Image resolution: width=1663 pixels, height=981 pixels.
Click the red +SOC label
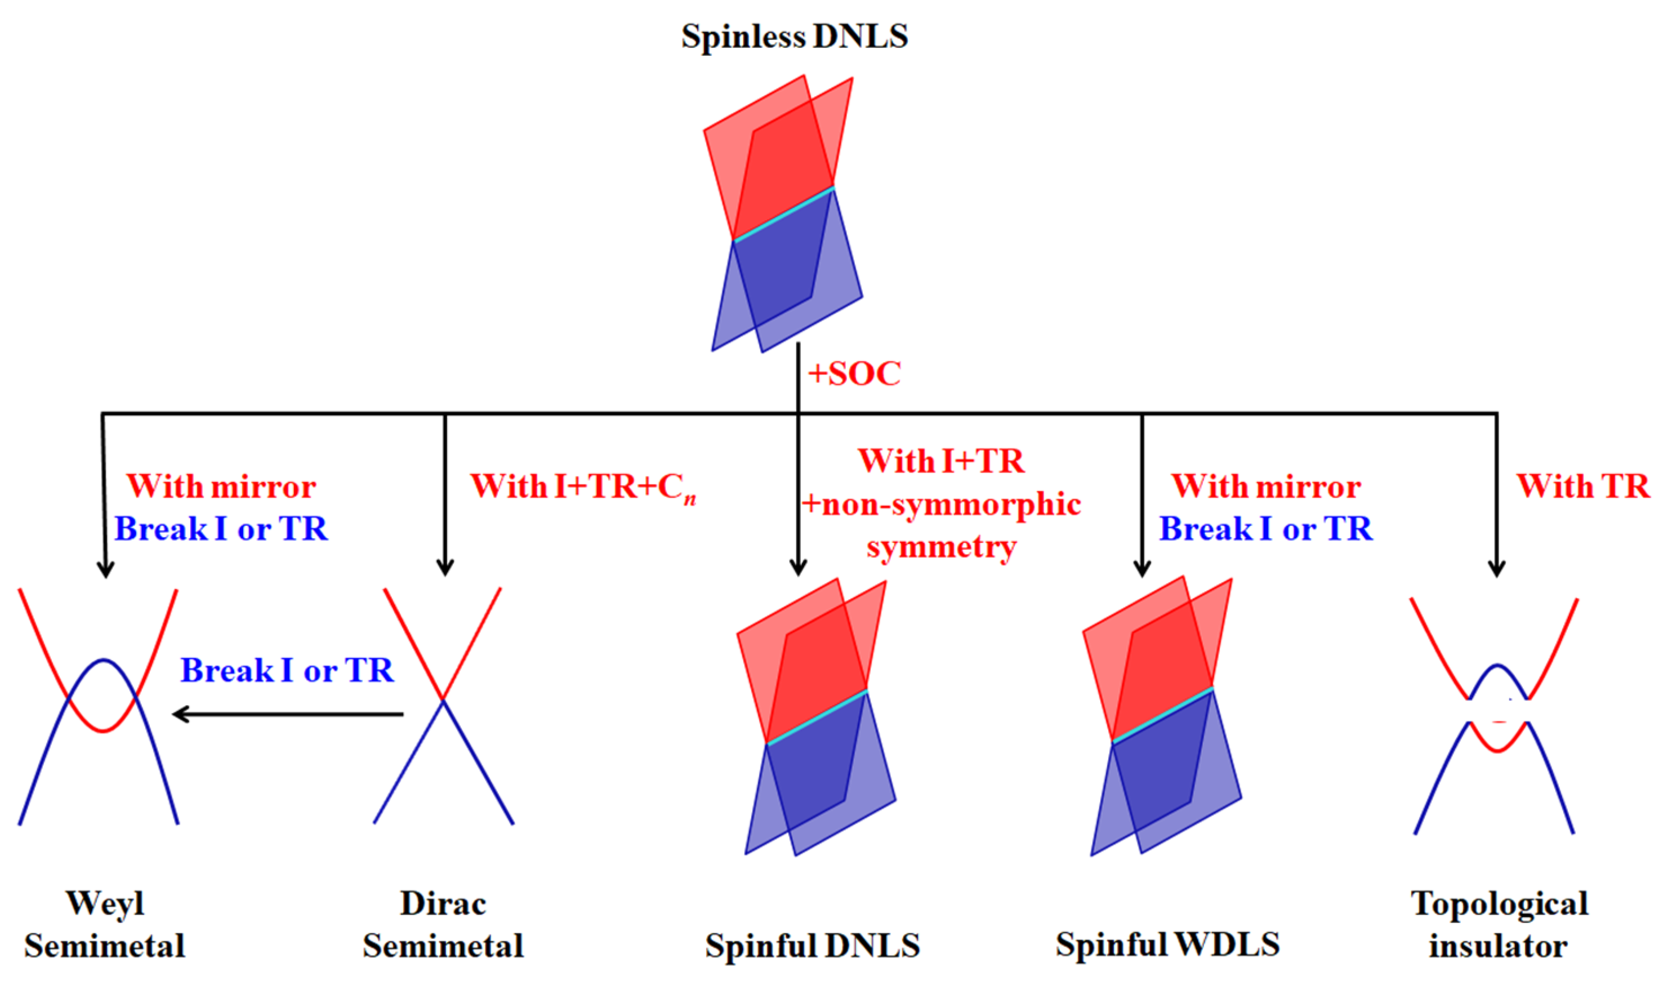tap(853, 374)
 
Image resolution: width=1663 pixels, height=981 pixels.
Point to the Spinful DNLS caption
tap(812, 946)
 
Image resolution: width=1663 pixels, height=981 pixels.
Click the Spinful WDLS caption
tap(1167, 944)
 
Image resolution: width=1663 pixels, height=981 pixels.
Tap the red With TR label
tap(1583, 487)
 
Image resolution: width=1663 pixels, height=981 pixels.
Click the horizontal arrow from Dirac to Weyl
tap(288, 714)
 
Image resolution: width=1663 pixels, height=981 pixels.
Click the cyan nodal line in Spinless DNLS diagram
tap(783, 214)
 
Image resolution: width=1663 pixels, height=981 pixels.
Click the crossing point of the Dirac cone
tap(443, 699)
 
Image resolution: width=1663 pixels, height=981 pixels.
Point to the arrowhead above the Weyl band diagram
tap(106, 569)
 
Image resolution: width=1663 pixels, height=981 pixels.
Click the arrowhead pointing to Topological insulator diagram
tap(1496, 569)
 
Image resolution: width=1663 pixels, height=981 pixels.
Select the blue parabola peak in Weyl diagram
tap(104, 660)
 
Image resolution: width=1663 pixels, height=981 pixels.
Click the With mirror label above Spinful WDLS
tap(1266, 487)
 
